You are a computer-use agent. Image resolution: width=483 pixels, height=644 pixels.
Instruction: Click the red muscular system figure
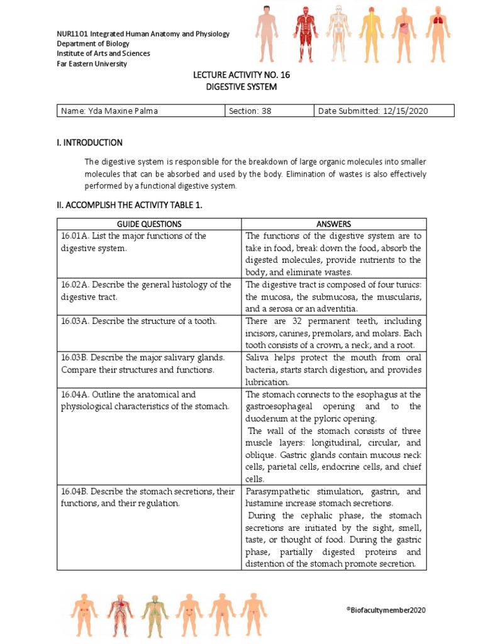(304, 30)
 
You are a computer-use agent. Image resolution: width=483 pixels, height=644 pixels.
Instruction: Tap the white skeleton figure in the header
(338, 30)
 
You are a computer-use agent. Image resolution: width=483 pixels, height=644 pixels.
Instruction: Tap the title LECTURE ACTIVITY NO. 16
(241, 75)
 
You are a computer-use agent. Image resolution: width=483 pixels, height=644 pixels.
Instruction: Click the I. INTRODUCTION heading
(89, 143)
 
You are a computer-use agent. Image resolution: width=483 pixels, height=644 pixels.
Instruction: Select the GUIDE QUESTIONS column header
(149, 224)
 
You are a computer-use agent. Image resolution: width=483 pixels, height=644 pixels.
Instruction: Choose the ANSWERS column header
(334, 224)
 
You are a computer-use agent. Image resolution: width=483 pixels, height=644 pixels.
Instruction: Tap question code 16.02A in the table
(75, 285)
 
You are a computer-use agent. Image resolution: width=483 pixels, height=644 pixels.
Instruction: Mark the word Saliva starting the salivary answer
(258, 358)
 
